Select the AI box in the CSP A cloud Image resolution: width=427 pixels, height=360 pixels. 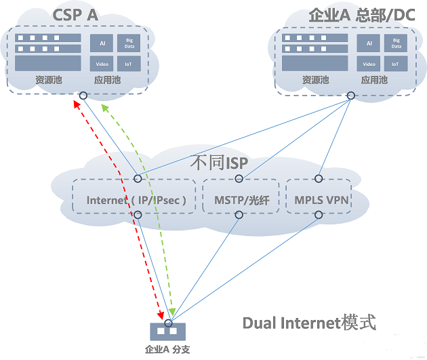point(101,43)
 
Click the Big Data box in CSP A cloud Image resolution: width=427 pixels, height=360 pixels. point(128,43)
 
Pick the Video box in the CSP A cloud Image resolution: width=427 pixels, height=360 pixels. point(101,64)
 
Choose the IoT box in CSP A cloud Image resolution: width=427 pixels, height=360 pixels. point(128,64)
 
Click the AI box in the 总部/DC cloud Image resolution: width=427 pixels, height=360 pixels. point(369,43)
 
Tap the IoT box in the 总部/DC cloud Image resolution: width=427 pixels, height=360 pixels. point(396,64)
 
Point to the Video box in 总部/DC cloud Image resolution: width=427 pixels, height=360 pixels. point(369,64)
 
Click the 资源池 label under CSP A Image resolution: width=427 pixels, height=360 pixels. point(48,80)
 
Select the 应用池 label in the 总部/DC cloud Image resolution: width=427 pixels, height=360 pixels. point(374,80)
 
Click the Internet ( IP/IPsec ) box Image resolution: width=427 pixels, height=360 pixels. point(136,200)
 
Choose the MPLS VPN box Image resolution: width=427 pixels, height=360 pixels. point(319,200)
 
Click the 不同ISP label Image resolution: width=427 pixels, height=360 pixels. point(219,163)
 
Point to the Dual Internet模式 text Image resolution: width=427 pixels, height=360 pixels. point(308,323)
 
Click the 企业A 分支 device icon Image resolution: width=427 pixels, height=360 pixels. point(167,332)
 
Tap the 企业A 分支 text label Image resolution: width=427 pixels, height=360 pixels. point(167,351)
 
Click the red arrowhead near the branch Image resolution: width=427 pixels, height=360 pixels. point(161,316)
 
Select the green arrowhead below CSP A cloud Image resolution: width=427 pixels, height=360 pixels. point(102,108)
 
